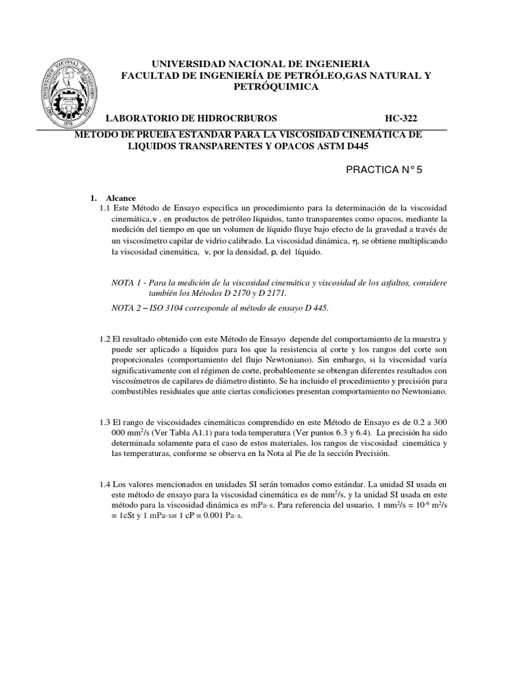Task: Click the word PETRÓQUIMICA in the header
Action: point(275,87)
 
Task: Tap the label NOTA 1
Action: point(126,282)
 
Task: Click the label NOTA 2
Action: point(126,307)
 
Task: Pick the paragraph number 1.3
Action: point(104,422)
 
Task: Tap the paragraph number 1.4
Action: point(104,484)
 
